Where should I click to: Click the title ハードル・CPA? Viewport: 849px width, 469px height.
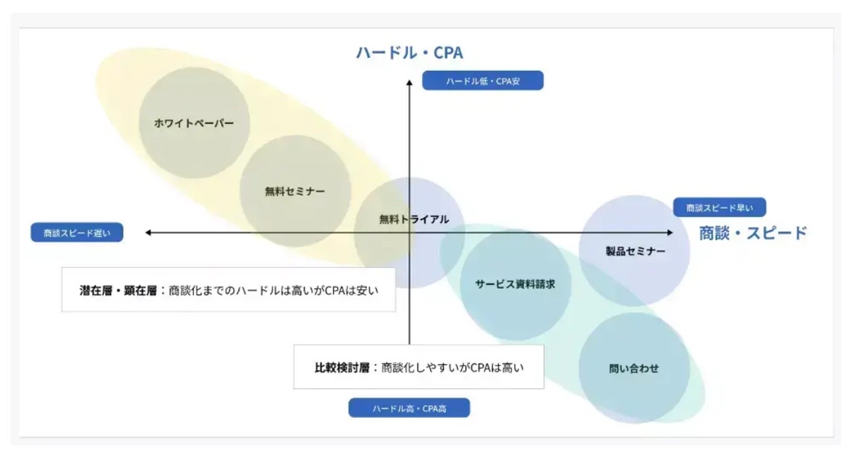[409, 53]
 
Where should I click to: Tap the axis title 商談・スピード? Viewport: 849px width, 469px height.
[752, 233]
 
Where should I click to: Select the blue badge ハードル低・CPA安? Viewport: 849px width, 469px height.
[482, 81]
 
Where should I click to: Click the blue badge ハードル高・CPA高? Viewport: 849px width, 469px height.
[409, 408]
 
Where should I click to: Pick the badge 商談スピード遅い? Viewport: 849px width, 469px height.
[78, 233]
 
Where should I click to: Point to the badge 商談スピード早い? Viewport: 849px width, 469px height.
[719, 208]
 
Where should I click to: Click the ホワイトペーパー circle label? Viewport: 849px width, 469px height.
[194, 123]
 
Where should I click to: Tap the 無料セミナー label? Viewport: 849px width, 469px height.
[295, 191]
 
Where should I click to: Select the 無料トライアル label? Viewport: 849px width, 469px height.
[414, 219]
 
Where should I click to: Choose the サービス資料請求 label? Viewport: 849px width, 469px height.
[515, 284]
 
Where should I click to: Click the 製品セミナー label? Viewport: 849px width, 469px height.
[635, 251]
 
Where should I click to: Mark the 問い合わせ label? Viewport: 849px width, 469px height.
[634, 369]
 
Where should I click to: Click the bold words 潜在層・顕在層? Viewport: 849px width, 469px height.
[119, 290]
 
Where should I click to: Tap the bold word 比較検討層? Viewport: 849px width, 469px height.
[342, 368]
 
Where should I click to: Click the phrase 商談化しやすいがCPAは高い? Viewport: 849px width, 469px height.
[453, 368]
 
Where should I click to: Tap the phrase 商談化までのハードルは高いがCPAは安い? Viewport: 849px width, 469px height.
[273, 290]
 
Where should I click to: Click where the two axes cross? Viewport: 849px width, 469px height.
[409, 233]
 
